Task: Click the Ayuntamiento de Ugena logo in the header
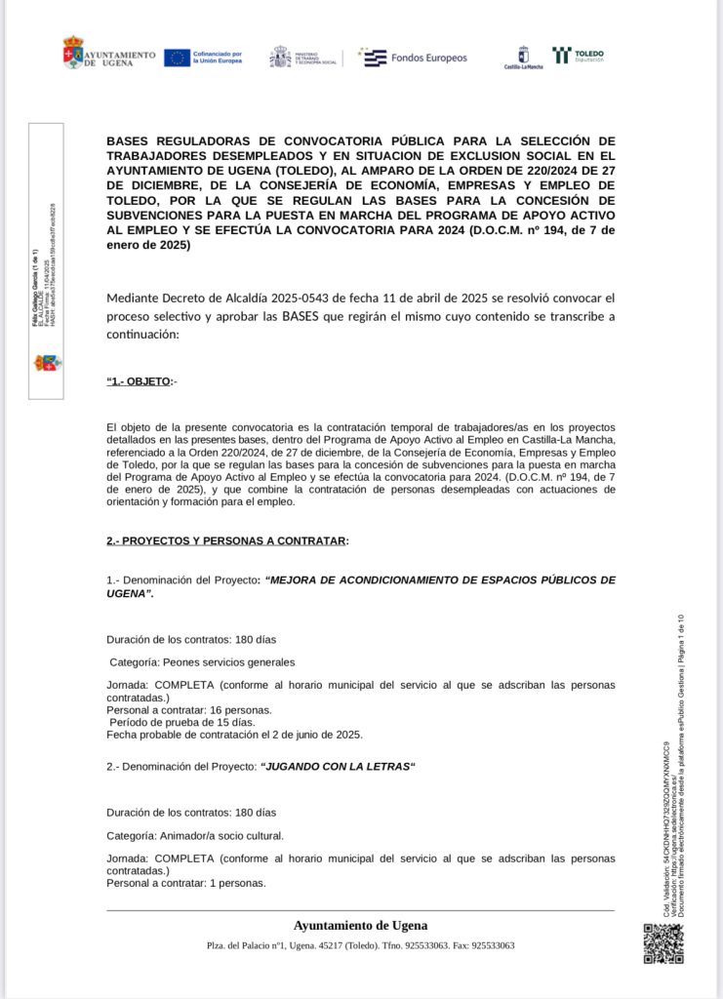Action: [108, 54]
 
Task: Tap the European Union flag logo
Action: [177, 58]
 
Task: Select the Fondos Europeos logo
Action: [414, 58]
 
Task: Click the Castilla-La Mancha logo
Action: [523, 58]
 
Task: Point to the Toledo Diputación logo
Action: [578, 56]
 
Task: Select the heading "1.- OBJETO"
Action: [139, 380]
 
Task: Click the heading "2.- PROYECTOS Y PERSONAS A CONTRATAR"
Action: [226, 540]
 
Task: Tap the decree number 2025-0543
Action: [302, 297]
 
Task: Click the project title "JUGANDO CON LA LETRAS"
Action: [338, 767]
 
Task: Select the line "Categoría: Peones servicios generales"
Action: [202, 661]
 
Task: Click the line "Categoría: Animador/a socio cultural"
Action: [195, 835]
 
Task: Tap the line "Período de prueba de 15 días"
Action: [182, 722]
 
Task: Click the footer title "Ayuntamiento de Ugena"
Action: [360, 925]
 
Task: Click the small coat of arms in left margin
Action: [47, 363]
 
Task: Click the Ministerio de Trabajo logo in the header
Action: [303, 57]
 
